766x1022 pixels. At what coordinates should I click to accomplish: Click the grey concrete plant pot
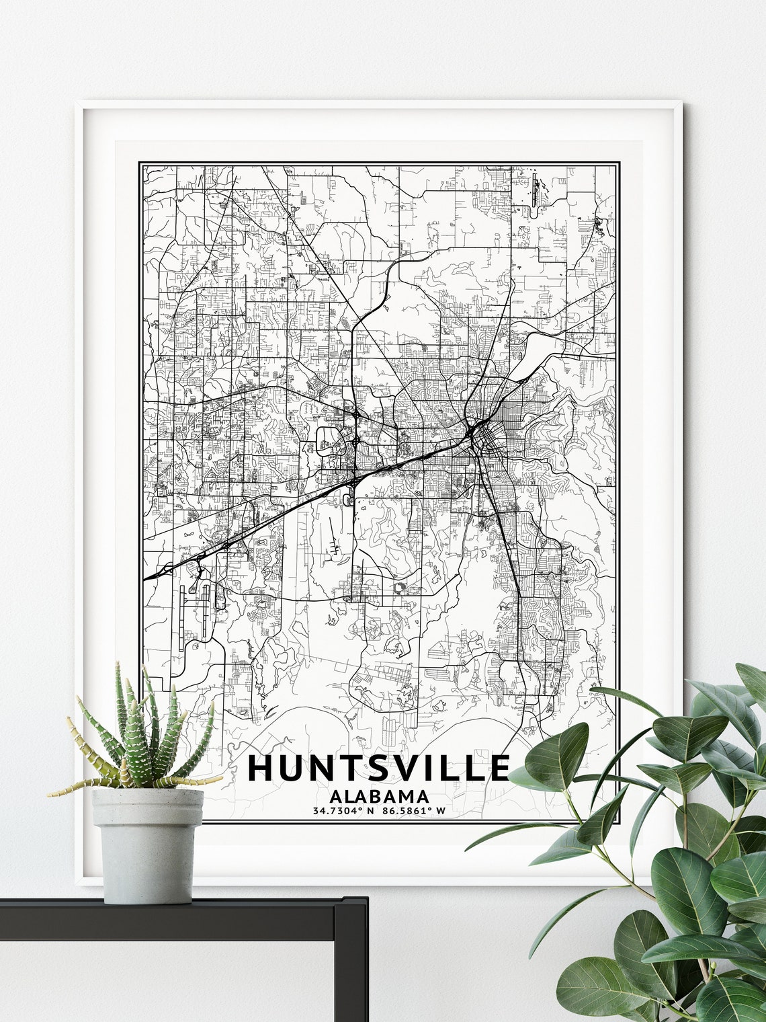(x=147, y=844)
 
